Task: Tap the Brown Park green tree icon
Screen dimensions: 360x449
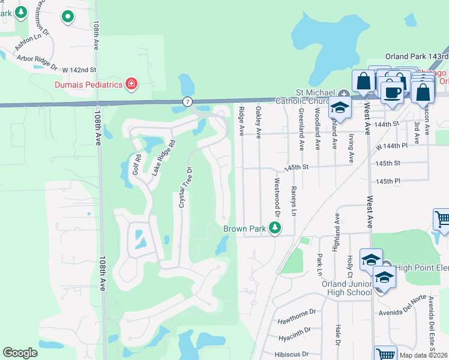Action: [x=275, y=228]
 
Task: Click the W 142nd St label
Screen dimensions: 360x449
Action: [x=79, y=70]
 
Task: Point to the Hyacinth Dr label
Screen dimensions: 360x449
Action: [x=294, y=330]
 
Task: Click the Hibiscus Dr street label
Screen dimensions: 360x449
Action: [x=292, y=354]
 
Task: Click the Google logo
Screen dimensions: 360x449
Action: [x=20, y=353]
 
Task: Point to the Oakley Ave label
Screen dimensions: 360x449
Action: [x=259, y=119]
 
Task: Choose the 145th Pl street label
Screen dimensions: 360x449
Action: [x=388, y=181]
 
